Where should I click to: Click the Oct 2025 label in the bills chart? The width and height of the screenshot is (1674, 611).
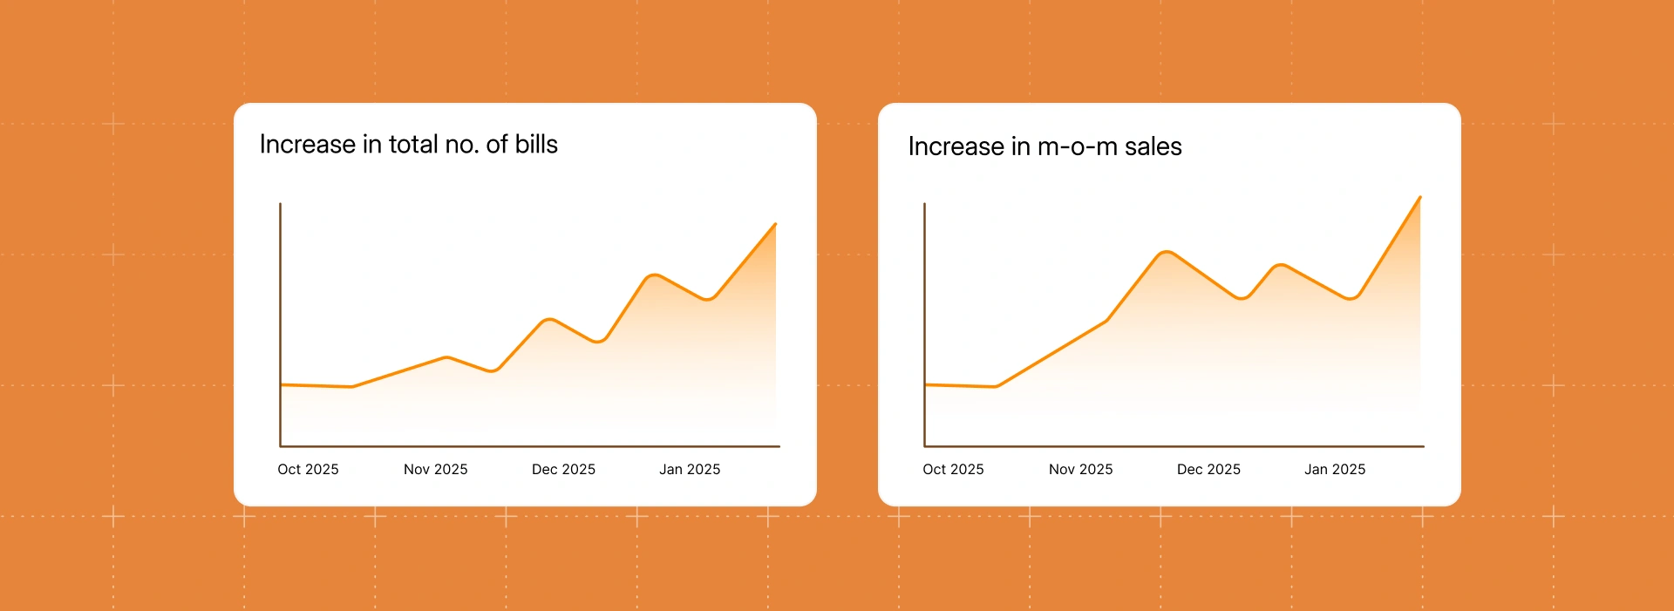point(308,469)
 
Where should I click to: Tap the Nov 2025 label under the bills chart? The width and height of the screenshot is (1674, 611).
point(435,469)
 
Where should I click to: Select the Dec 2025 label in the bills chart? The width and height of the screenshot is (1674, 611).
point(563,469)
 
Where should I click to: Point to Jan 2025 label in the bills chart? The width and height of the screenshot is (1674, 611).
point(690,469)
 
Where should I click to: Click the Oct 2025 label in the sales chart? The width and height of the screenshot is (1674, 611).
point(953,469)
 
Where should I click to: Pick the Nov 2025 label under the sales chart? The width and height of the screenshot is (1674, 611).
point(1080,469)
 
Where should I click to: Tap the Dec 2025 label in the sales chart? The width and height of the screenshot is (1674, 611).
point(1208,469)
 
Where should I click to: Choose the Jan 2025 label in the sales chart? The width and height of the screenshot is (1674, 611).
point(1335,469)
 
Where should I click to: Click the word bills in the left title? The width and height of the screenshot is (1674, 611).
point(536,144)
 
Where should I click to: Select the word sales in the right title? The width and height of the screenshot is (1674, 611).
point(1153,146)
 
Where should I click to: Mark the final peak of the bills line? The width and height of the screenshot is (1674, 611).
point(775,224)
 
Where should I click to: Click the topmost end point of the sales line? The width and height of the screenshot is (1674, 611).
point(1420,197)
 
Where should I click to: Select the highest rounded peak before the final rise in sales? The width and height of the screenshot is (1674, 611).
point(1166,252)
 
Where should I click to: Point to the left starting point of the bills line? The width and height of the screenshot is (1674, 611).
point(281,384)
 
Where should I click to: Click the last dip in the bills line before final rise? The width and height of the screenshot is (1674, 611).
point(708,299)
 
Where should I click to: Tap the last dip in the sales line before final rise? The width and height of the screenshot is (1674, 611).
point(1350,298)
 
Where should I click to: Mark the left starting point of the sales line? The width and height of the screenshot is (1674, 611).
point(925,384)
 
